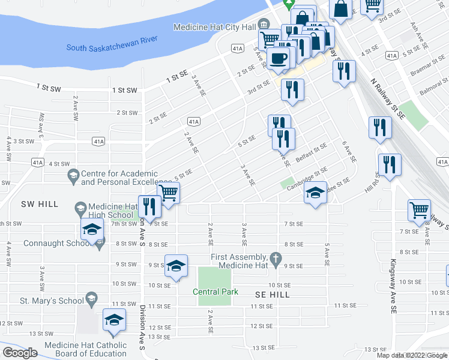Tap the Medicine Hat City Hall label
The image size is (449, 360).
pyautogui.click(x=214, y=27)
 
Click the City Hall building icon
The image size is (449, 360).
pyautogui.click(x=264, y=25)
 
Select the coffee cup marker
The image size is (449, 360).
pyautogui.click(x=278, y=58)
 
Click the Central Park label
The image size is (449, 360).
pyautogui.click(x=215, y=292)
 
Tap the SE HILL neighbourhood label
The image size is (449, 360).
pyautogui.click(x=273, y=295)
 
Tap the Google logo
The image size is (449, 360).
pyautogui.click(x=20, y=353)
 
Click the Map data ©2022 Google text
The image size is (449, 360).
pyautogui.click(x=412, y=355)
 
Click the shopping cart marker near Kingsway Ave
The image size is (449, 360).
pyautogui.click(x=419, y=210)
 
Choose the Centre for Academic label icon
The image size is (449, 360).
pyautogui.click(x=74, y=176)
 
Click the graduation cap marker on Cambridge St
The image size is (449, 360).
pyautogui.click(x=315, y=193)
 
